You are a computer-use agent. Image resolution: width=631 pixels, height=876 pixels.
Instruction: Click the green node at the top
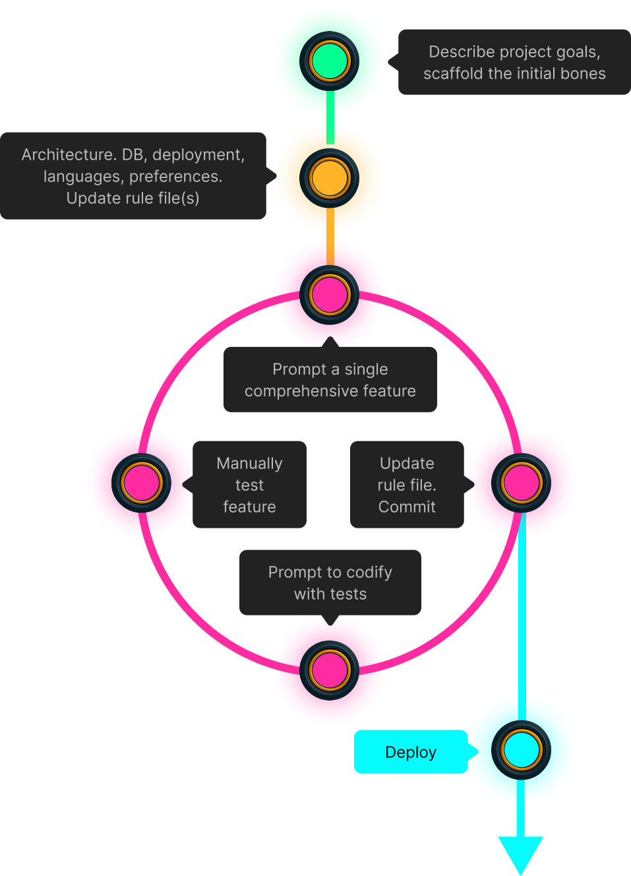pyautogui.click(x=329, y=61)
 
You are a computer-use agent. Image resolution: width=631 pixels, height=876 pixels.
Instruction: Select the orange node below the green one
pyautogui.click(x=329, y=178)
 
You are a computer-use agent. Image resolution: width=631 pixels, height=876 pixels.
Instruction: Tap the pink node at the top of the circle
pyautogui.click(x=329, y=295)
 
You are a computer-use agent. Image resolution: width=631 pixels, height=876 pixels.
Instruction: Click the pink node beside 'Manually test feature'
pyautogui.click(x=142, y=483)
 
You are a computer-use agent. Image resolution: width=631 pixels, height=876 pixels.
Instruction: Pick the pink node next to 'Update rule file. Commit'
pyautogui.click(x=521, y=483)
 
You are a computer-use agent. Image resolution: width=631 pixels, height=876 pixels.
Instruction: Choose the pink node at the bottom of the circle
pyautogui.click(x=329, y=670)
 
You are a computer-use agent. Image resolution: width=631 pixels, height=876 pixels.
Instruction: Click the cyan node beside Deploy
pyautogui.click(x=521, y=750)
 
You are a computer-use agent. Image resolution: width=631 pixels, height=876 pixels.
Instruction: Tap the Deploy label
pyautogui.click(x=410, y=752)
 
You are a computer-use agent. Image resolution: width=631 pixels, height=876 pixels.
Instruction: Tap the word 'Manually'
pyautogui.click(x=249, y=464)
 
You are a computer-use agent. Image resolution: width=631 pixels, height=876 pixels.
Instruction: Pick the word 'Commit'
pyautogui.click(x=407, y=507)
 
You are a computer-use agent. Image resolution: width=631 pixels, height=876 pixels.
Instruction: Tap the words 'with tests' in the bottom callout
pyautogui.click(x=330, y=594)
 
